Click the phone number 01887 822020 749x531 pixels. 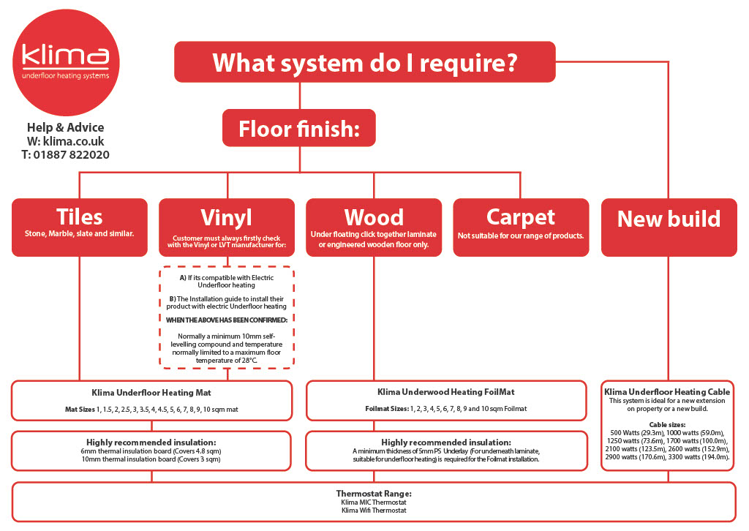(73, 154)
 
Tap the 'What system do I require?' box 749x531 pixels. (364, 61)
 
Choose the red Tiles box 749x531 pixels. (80, 227)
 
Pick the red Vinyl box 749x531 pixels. (226, 227)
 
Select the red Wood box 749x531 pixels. (373, 227)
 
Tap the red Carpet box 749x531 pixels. (521, 227)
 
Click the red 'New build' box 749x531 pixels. (669, 227)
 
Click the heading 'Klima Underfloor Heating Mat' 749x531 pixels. (152, 393)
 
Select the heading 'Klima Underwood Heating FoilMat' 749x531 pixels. (446, 393)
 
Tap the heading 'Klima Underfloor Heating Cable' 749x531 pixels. (668, 393)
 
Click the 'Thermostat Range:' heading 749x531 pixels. (373, 494)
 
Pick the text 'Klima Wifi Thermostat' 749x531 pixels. (373, 511)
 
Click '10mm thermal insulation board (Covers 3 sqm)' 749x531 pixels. (151, 460)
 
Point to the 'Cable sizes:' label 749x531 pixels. (668, 424)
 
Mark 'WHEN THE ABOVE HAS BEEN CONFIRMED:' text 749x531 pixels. (226, 320)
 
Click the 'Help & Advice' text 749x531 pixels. (66, 127)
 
